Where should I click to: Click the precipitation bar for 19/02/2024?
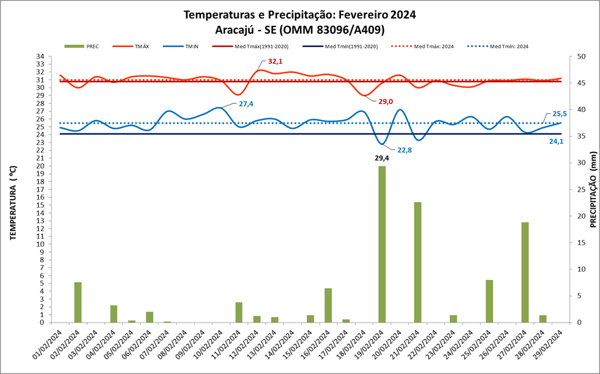click(x=382, y=244)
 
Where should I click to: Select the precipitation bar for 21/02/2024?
click(x=418, y=262)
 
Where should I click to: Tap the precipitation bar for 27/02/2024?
click(x=525, y=272)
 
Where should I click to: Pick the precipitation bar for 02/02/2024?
click(x=78, y=302)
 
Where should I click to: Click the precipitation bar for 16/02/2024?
click(x=328, y=305)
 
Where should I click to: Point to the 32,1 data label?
click(x=276, y=62)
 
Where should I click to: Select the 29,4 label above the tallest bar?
click(x=382, y=158)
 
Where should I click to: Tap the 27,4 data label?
click(x=246, y=104)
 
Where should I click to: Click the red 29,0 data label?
click(x=386, y=102)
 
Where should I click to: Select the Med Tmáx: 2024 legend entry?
click(x=432, y=46)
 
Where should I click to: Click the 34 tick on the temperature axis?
click(x=40, y=56)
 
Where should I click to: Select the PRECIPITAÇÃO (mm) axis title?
click(x=593, y=190)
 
